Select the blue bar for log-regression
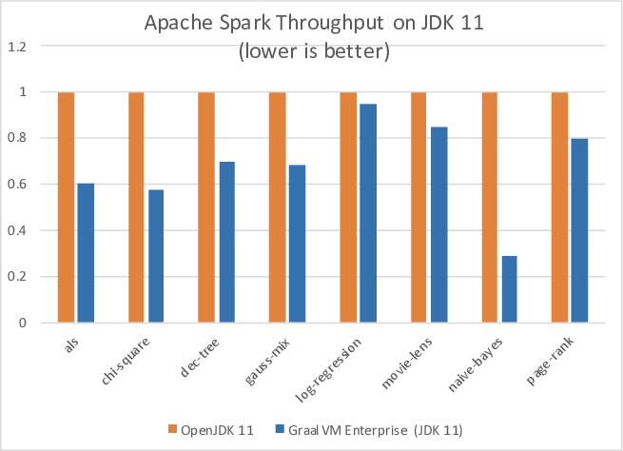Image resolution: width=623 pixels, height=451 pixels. coord(369,213)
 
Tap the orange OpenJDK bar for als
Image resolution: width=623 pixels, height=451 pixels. coord(66,207)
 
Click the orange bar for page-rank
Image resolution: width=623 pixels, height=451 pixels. coord(559,207)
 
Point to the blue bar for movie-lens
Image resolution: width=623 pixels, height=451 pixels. coord(439,225)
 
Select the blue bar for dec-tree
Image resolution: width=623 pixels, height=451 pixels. coord(226,242)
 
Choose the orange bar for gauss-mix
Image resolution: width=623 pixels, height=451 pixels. coord(277,207)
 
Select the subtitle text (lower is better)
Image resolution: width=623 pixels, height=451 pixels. coord(312,51)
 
